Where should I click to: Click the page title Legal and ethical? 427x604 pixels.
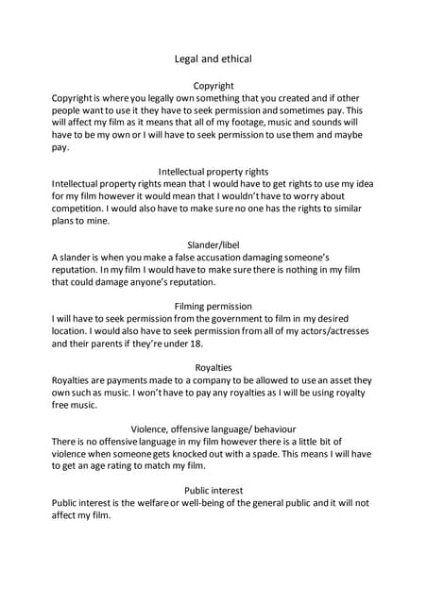coord(213,59)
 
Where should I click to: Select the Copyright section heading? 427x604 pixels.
coord(213,86)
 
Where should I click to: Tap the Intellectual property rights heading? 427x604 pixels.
coord(213,171)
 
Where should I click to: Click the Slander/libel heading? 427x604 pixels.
coord(213,244)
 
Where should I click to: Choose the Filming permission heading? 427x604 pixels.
coord(213,306)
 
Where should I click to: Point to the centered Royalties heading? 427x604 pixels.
coord(213,367)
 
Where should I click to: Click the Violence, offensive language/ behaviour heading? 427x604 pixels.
coord(213,428)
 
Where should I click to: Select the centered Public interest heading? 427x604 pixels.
coord(213,490)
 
